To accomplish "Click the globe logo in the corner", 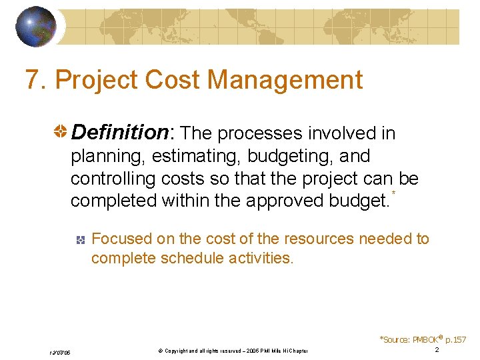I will pyautogui.click(x=37, y=27).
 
